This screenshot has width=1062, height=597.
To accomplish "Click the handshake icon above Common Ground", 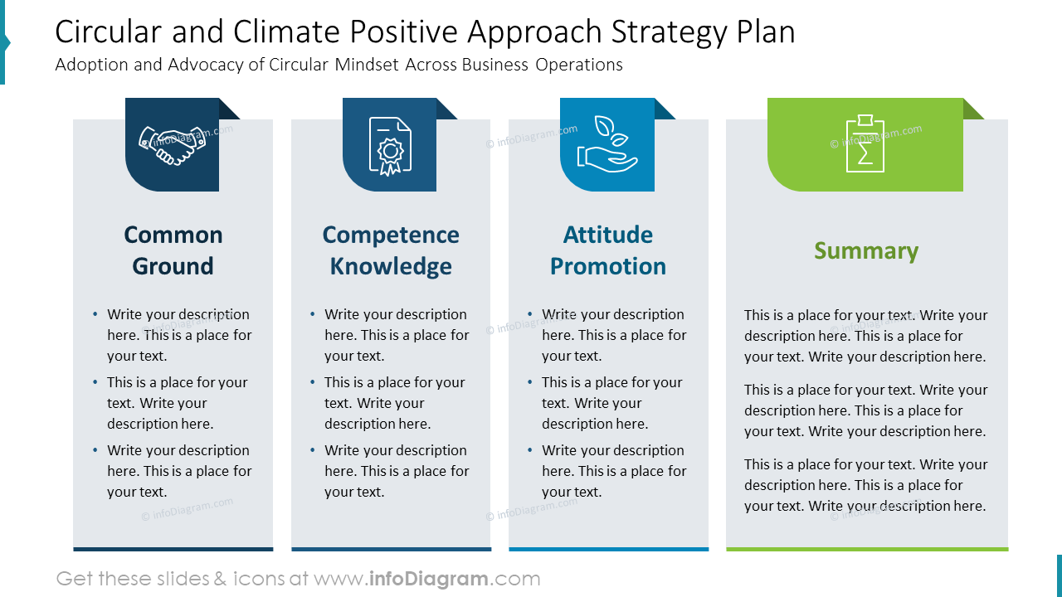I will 172,144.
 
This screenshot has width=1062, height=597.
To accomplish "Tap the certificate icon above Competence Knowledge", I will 390,145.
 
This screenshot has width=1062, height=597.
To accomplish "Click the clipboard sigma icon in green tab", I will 865,144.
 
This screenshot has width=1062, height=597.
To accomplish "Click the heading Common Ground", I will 173,250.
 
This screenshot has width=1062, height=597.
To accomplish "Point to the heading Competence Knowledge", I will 391,250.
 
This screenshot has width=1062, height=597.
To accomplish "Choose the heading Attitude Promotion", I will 608,250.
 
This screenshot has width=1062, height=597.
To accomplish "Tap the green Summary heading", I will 866,250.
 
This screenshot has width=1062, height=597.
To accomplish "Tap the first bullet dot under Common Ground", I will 95,314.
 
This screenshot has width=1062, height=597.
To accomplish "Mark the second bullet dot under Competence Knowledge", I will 313,382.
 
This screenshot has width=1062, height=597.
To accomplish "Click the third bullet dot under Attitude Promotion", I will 530,450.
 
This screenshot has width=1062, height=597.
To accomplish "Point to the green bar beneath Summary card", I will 867,549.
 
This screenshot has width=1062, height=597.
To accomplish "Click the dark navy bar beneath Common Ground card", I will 173,549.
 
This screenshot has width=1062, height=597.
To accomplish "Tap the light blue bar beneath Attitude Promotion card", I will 608,549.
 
